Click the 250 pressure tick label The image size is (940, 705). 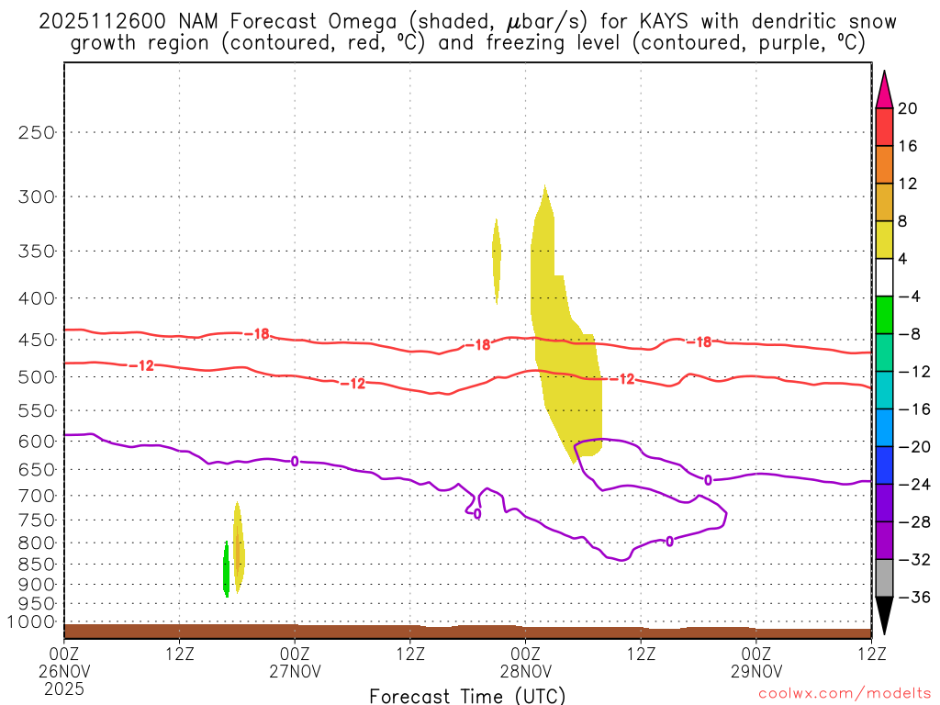tap(38, 132)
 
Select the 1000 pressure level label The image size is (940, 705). tap(33, 622)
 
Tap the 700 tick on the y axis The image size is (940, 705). tap(38, 496)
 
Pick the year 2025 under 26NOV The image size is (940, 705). tap(63, 687)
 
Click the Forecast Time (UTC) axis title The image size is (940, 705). tap(467, 695)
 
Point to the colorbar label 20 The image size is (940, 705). tap(908, 108)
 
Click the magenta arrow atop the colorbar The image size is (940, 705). tap(883, 90)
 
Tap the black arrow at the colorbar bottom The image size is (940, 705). tap(883, 616)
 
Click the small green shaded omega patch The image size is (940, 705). tap(227, 569)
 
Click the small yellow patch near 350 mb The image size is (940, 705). tap(497, 261)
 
